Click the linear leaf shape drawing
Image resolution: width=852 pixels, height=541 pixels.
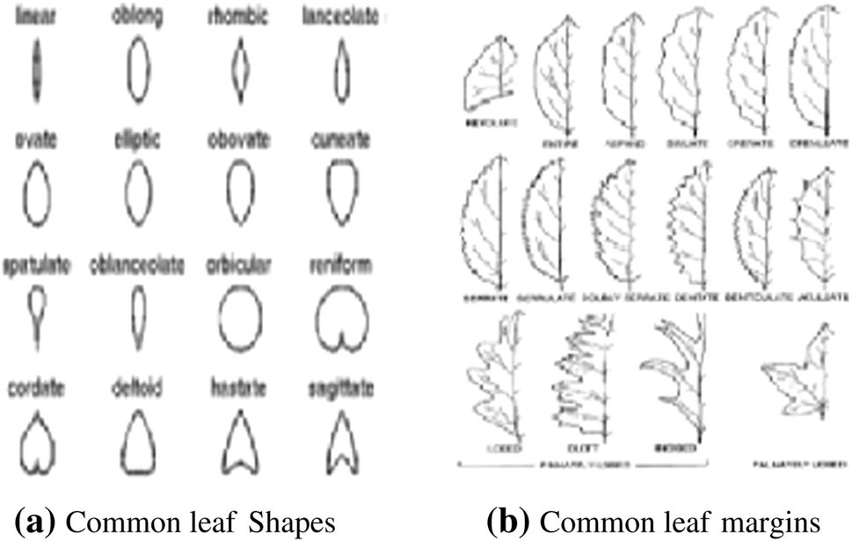pyautogui.click(x=37, y=69)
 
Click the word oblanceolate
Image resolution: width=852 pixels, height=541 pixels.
pyautogui.click(x=136, y=264)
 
